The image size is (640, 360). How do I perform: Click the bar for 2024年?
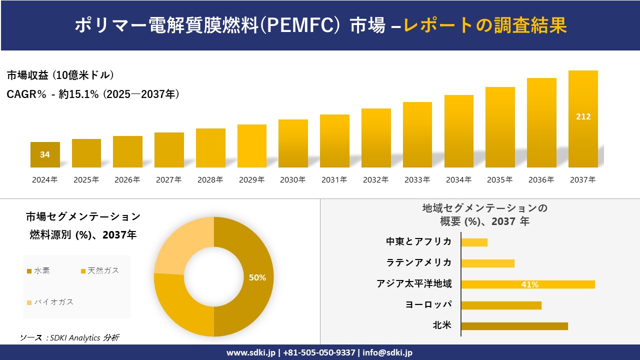point(45,154)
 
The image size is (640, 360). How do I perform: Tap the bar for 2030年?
point(293,143)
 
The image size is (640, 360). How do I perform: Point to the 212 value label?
point(583,116)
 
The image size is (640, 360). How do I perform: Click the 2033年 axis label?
point(417,180)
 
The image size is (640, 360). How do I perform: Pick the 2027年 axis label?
point(168,180)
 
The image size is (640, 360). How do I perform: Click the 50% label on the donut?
point(257,277)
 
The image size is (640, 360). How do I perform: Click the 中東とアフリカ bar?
point(474,242)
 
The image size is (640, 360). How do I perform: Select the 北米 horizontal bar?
point(514,326)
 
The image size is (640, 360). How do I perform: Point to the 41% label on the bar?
point(529,284)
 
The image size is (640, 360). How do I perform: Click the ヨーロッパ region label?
point(428,304)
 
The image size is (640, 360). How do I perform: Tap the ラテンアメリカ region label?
point(419,262)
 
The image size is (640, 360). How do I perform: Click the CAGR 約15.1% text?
point(93,94)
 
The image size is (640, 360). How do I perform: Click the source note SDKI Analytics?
point(70,337)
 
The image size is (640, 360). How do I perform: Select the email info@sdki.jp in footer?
point(387,352)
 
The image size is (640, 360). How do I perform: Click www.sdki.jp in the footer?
point(250,352)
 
